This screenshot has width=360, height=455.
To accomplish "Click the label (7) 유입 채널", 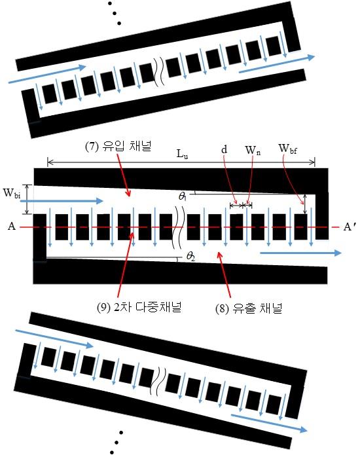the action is pyautogui.click(x=118, y=146).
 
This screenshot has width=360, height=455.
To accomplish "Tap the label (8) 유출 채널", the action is pyautogui.click(x=249, y=308).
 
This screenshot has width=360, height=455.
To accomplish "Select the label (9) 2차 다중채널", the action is pyautogui.click(x=139, y=307).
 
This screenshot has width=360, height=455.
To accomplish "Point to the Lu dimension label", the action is pyautogui.click(x=182, y=154).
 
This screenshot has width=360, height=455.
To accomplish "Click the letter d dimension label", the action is pyautogui.click(x=224, y=149).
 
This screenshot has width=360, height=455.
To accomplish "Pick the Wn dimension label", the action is pyautogui.click(x=253, y=150).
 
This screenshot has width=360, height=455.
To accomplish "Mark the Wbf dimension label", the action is pyautogui.click(x=287, y=149).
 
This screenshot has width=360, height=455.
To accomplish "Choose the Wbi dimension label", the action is pyautogui.click(x=12, y=193).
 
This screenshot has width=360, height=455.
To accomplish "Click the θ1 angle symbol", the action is pyautogui.click(x=183, y=196).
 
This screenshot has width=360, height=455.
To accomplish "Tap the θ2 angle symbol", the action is pyautogui.click(x=190, y=256).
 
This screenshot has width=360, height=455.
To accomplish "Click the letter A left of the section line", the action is pyautogui.click(x=12, y=226).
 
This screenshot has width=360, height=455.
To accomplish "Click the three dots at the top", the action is pyautogui.click(x=115, y=13).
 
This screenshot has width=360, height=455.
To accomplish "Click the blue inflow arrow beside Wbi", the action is pyautogui.click(x=65, y=201).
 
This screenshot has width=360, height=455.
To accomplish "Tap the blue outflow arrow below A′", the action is pyautogui.click(x=301, y=253).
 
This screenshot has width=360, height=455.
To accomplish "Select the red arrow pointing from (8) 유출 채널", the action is pyautogui.click(x=225, y=274).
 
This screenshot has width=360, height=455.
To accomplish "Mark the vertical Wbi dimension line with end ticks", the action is pyautogui.click(x=27, y=200).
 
